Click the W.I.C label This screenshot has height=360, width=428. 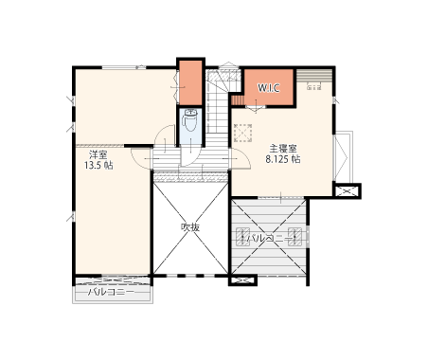pyautogui.click(x=269, y=88)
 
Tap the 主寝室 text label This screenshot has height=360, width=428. pyautogui.click(x=283, y=149)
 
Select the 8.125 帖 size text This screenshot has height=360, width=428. pyautogui.click(x=283, y=159)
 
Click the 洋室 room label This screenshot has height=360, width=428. pyautogui.click(x=98, y=154)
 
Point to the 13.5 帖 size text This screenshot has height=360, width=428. pyautogui.click(x=98, y=166)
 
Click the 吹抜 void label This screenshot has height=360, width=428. pyautogui.click(x=190, y=227)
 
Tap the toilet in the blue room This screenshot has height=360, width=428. pyautogui.click(x=190, y=120)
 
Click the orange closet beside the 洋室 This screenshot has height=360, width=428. pyautogui.click(x=190, y=82)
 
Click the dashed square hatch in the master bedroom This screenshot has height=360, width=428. pyautogui.click(x=242, y=133)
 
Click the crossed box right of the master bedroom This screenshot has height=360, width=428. pyautogui.click(x=348, y=191)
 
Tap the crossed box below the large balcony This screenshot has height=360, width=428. pyautogui.click(x=242, y=280)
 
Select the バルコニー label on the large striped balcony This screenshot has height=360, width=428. pyautogui.click(x=269, y=238)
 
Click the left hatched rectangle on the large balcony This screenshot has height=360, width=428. pyautogui.click(x=243, y=237)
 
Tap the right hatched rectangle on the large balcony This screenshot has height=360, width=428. pyautogui.click(x=294, y=237)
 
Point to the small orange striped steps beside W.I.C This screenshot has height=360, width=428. pyautogui.click(x=238, y=99)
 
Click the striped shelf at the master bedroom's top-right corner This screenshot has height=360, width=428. pyautogui.click(x=314, y=76)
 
